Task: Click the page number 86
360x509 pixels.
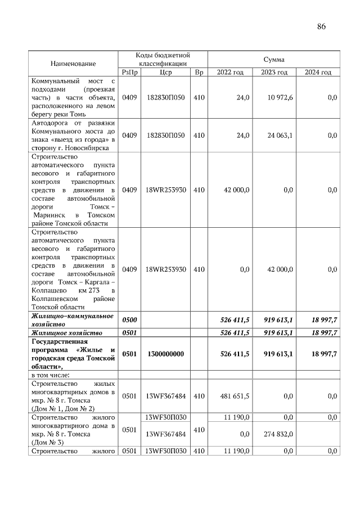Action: [x=321, y=26]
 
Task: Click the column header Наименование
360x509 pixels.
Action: [x=73, y=64]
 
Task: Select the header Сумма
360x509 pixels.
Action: [x=273, y=59]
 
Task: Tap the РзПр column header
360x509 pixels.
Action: [x=129, y=73]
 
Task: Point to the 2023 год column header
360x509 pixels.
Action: [x=274, y=73]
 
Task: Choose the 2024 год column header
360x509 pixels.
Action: [x=318, y=73]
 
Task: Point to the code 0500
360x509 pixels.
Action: [x=129, y=319]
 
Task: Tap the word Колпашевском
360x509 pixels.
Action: [x=55, y=298]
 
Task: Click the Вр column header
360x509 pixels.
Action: [x=199, y=73]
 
